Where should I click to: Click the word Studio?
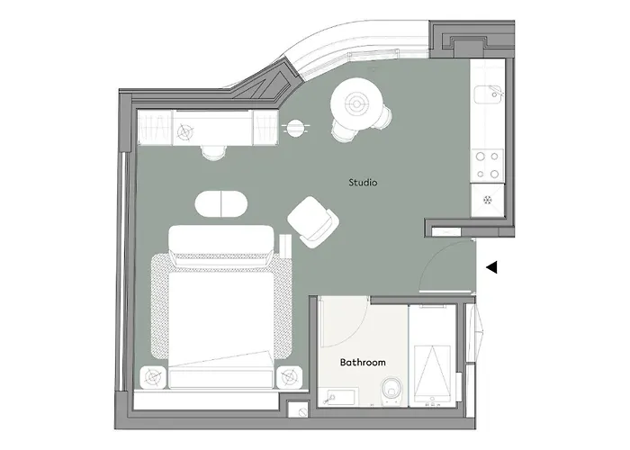[x=363, y=183]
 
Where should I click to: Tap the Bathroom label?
[x=363, y=363]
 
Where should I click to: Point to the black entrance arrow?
[x=490, y=267]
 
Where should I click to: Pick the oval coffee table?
[x=221, y=203]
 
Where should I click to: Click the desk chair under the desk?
[x=212, y=150]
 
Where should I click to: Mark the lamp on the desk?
[x=185, y=132]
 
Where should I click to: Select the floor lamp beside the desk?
[x=294, y=128]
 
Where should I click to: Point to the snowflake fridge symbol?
[x=489, y=199]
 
